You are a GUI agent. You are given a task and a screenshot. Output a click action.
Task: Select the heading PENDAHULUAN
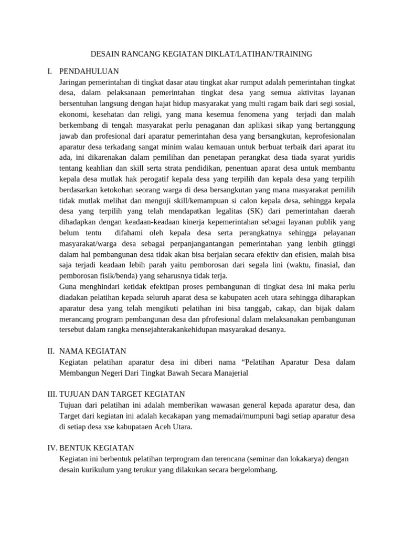(x=89, y=71)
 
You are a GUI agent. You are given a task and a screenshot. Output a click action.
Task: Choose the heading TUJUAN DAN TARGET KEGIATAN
(x=122, y=394)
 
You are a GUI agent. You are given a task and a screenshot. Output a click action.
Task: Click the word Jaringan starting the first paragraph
(x=77, y=82)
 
